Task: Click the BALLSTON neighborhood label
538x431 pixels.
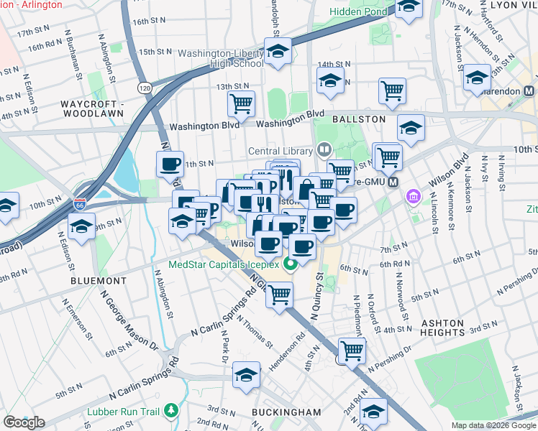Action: [359, 119]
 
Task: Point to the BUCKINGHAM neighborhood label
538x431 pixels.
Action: [287, 412]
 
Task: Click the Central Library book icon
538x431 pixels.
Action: [324, 150]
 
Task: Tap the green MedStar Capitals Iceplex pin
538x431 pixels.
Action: [291, 264]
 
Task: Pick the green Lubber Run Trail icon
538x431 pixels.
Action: [170, 411]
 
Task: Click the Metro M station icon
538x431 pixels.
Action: [393, 182]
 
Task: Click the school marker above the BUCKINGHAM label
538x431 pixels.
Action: [246, 375]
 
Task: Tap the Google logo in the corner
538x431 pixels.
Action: [24, 422]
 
